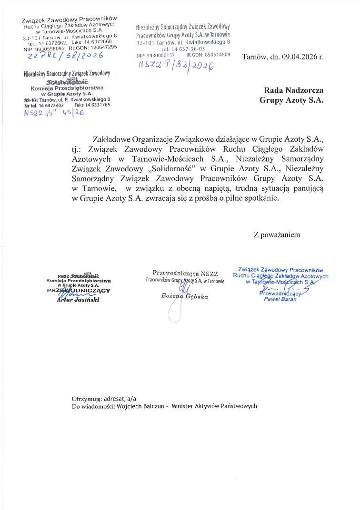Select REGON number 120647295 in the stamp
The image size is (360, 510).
[100, 47]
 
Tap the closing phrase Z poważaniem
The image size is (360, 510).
[277, 234]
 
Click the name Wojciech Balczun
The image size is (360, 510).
[136, 406]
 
